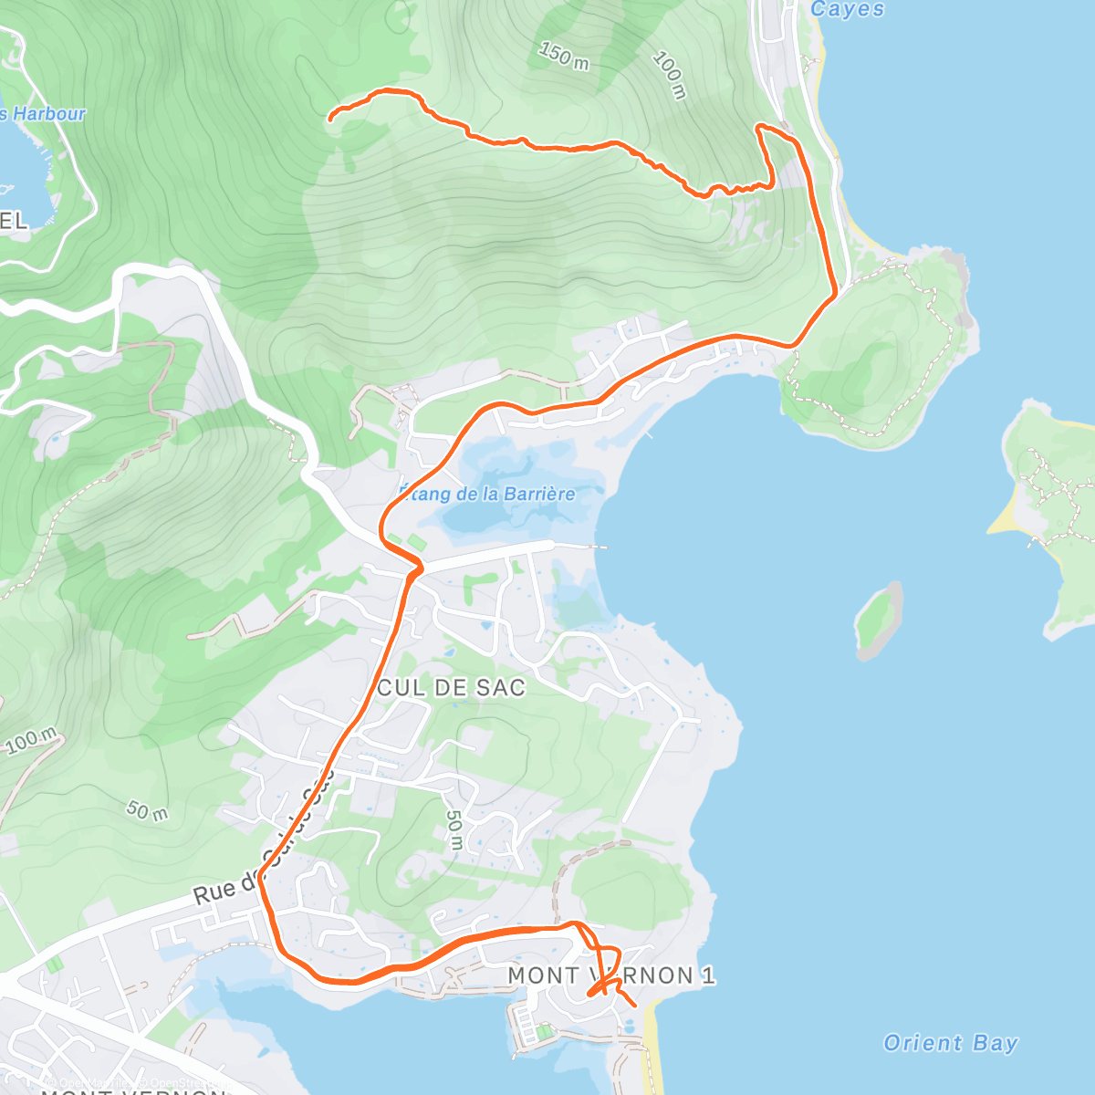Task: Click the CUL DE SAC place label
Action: (451, 688)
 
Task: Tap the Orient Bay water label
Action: (950, 1043)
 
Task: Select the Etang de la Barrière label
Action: (487, 494)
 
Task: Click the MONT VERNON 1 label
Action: (610, 975)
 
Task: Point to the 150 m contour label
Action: (564, 57)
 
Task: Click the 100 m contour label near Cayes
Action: (669, 76)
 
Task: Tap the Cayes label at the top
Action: (848, 9)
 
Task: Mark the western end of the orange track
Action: (330, 119)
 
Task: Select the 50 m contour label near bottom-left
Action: (147, 809)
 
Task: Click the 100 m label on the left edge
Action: (31, 741)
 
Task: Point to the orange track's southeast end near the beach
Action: (634, 1006)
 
